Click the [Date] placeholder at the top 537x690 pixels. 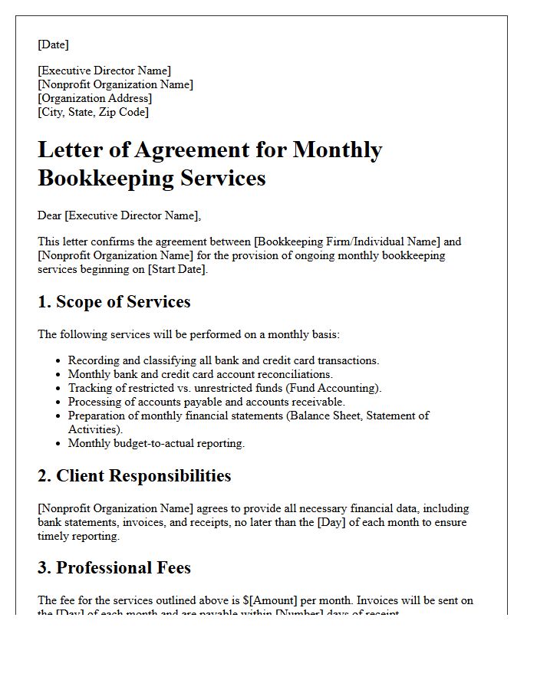(53, 44)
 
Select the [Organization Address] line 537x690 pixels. (94, 98)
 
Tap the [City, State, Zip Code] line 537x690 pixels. (93, 112)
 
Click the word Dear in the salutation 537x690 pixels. (50, 215)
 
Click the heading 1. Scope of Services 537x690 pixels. (114, 302)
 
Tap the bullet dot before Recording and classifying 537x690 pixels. (58, 360)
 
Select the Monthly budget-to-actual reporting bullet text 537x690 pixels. (156, 443)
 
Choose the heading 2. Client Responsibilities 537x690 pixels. (134, 476)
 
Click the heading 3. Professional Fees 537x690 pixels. (114, 568)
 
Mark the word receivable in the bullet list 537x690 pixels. (318, 402)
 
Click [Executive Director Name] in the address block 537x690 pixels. (104, 71)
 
